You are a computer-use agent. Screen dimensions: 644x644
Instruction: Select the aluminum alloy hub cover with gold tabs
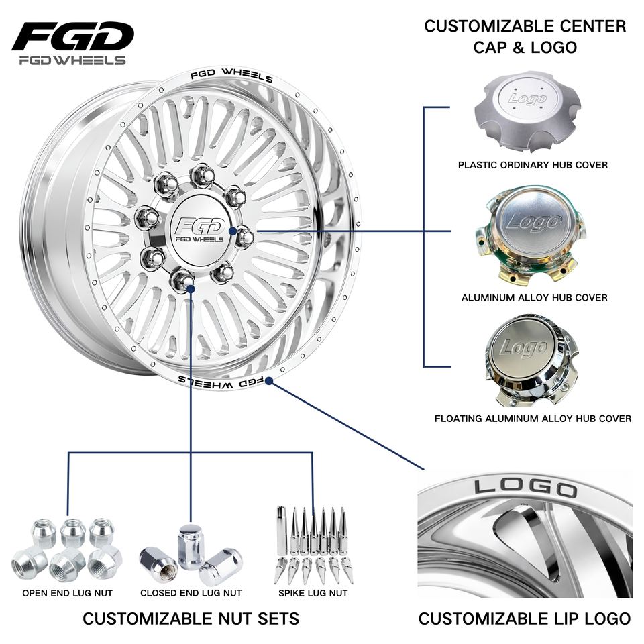pos(530,237)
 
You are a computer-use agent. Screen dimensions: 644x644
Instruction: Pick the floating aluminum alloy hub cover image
pos(528,361)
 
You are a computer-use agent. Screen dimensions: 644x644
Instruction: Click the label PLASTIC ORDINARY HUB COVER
pos(533,165)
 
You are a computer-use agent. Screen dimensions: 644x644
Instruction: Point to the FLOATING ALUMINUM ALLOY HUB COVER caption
pos(533,419)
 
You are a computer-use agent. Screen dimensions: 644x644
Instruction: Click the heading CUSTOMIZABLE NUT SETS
pos(191,618)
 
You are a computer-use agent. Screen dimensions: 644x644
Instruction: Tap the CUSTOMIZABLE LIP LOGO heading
pos(525,618)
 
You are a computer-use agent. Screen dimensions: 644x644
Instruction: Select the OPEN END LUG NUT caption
pos(67,593)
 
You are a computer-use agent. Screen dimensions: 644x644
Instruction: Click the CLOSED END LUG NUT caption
pos(191,593)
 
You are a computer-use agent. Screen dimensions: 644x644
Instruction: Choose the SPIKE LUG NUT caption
pos(313,593)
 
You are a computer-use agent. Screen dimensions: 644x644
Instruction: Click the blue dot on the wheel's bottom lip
pos(268,381)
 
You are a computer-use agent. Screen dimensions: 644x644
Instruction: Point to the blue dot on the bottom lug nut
pos(190,289)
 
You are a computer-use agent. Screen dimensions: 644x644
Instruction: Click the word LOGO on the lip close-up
pos(526,488)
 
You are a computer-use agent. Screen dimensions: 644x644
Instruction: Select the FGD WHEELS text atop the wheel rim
pos(231,75)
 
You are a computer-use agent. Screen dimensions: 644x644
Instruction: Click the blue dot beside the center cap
pos(233,231)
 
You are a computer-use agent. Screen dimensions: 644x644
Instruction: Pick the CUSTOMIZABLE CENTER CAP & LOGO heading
pos(525,36)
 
